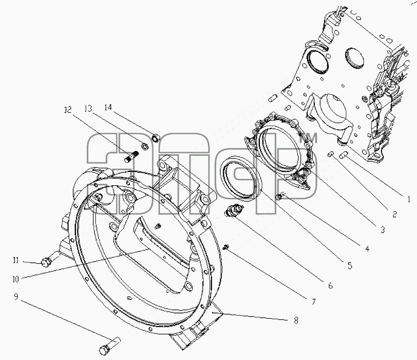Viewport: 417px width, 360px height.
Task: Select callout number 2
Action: click(394, 214)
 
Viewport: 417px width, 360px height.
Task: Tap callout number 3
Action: click(383, 230)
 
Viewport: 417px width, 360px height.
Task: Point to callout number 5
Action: click(349, 265)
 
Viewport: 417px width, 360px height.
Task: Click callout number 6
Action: click(331, 286)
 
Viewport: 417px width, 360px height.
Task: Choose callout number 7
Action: click(314, 302)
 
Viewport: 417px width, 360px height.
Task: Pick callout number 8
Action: click(296, 320)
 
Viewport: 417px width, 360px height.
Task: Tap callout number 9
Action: click(16, 296)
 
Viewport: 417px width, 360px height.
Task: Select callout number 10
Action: click(16, 279)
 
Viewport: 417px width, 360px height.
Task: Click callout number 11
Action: click(16, 260)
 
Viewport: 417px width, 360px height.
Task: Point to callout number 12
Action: click(68, 109)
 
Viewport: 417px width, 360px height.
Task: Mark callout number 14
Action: click(108, 107)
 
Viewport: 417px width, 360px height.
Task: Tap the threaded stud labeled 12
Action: click(132, 156)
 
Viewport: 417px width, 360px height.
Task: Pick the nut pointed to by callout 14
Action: click(155, 138)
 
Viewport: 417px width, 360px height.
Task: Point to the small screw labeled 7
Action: click(227, 247)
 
